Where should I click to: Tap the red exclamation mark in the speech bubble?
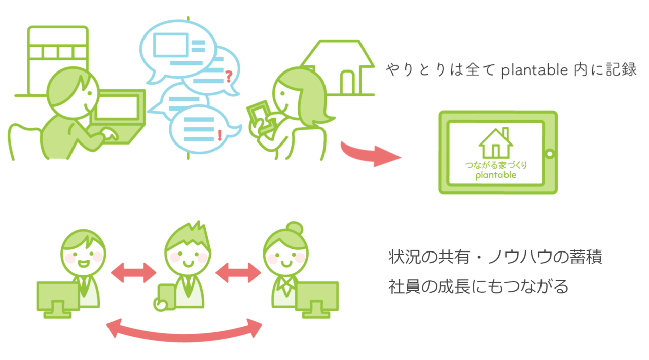219,134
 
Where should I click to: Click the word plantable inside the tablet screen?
495,175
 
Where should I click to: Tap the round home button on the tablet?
549,152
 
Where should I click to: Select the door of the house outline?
348,82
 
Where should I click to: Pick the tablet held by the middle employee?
165,297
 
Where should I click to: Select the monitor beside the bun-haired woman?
316,297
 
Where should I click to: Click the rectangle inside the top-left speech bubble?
170,45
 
